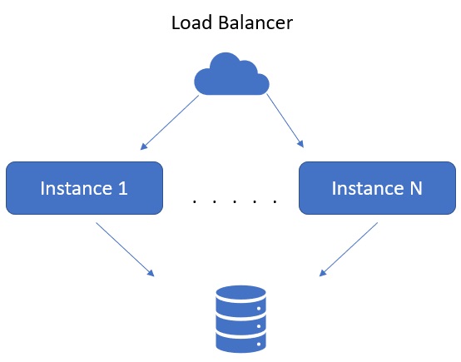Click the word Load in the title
[191, 22]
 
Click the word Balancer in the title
[255, 22]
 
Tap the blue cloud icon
[231, 74]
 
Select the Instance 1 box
[84, 188]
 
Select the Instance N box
[377, 188]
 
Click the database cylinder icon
[240, 319]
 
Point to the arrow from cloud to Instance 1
[170, 122]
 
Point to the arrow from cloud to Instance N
[285, 121]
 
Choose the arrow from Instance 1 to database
[125, 250]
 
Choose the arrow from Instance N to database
[349, 250]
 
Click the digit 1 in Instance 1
[122, 188]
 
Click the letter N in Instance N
[416, 188]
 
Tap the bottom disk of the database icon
[240, 341]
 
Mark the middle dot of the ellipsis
[235, 201]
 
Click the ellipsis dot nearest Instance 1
[195, 201]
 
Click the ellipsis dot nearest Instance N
[275, 201]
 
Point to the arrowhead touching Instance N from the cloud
[300, 143]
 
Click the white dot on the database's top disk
[259, 309]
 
